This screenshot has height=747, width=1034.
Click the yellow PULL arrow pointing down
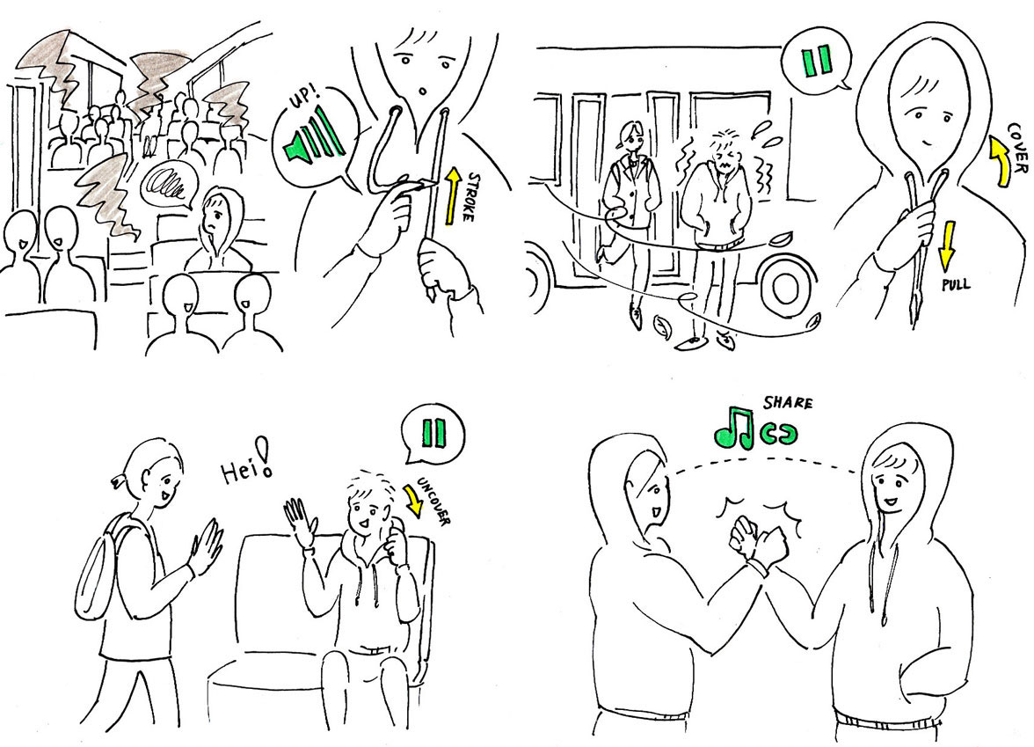pyautogui.click(x=946, y=245)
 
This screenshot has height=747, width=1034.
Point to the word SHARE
pyautogui.click(x=788, y=404)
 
